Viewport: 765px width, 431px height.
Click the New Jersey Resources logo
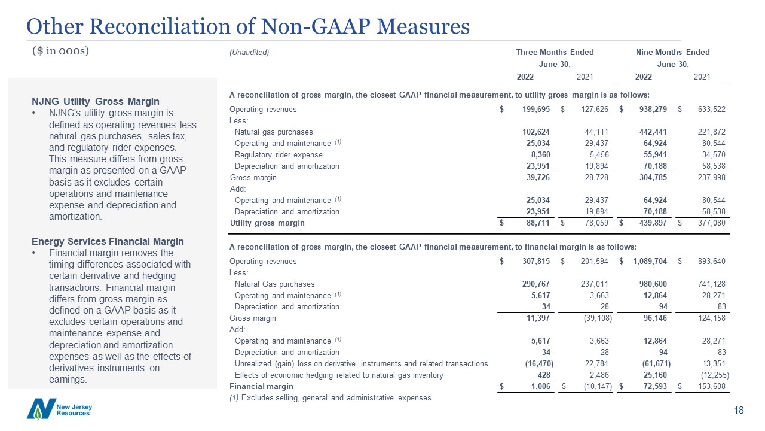(59, 409)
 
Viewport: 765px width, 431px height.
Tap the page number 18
(739, 411)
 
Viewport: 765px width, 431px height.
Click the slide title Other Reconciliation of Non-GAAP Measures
(248, 26)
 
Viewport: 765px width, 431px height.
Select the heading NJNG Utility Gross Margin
(95, 101)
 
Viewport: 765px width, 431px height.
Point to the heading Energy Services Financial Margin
(108, 241)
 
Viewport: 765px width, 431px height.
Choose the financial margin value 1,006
(539, 387)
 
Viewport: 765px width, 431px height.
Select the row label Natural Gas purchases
(274, 284)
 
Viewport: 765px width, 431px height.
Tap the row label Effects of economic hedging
(339, 375)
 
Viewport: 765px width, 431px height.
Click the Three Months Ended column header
(555, 53)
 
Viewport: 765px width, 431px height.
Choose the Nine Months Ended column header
(673, 53)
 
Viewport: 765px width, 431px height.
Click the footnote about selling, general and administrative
(330, 398)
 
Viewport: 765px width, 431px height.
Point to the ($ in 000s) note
(60, 51)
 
